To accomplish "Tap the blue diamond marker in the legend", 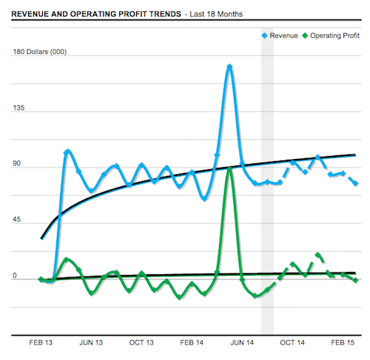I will point(264,35).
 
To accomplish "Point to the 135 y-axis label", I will point(20,109).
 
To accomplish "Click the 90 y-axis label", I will point(18,165).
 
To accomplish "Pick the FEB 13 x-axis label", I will point(40,343).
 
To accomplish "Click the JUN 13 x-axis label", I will point(90,343).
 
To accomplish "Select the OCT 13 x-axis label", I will point(141,343).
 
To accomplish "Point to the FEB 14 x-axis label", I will point(192,343).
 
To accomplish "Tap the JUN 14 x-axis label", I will point(242,343).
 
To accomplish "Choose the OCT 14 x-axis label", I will point(292,343).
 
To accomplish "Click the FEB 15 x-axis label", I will point(343,343).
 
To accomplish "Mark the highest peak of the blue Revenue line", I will point(230,67).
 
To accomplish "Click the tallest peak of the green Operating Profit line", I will point(230,169).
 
